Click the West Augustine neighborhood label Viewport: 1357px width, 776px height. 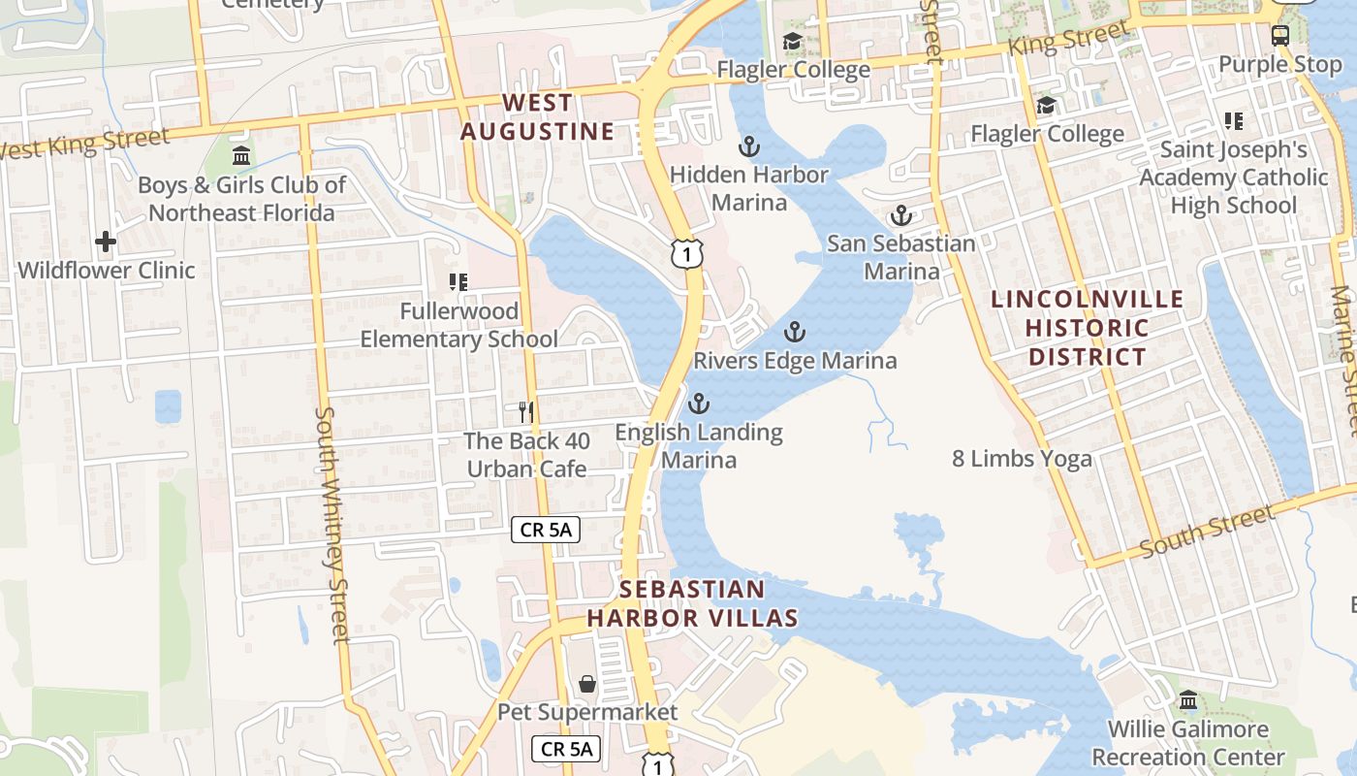coord(537,117)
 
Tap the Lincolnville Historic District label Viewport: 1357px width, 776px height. coord(1088,328)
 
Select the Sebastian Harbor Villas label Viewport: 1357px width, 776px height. coord(692,603)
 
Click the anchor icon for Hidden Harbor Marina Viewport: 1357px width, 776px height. coord(748,146)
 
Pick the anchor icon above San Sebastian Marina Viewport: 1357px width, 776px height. coord(901,215)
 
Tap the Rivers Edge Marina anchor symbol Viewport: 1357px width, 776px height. coord(794,333)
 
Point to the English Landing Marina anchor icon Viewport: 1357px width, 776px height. coord(698,404)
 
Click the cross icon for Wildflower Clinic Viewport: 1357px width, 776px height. coord(106,242)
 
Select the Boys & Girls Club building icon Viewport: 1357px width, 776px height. coord(241,155)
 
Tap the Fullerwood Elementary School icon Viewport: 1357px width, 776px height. coord(458,282)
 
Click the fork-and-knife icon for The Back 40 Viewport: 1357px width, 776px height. coord(526,412)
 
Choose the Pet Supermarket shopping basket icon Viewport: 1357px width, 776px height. coord(586,684)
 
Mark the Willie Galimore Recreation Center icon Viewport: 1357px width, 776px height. coord(1188,700)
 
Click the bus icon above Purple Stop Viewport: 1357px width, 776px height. coord(1280,36)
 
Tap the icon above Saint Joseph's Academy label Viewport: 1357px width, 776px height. coord(1233,121)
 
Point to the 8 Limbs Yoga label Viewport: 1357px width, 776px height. coord(1022,459)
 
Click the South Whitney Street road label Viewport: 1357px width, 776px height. coord(331,524)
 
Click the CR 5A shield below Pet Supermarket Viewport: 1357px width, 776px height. coord(566,749)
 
